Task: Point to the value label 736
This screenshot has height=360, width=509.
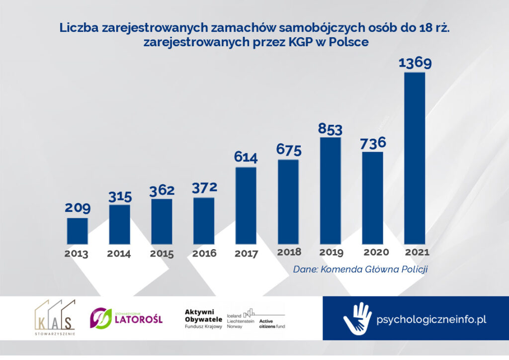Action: (372, 143)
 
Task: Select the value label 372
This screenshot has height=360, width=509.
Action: (204, 188)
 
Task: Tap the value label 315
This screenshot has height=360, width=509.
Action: (119, 196)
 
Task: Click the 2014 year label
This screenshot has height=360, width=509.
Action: (119, 254)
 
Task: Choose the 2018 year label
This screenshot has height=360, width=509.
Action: (289, 252)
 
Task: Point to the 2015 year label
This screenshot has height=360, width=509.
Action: (162, 254)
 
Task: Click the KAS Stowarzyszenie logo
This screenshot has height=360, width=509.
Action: (55, 318)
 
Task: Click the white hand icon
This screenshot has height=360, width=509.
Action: (357, 318)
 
